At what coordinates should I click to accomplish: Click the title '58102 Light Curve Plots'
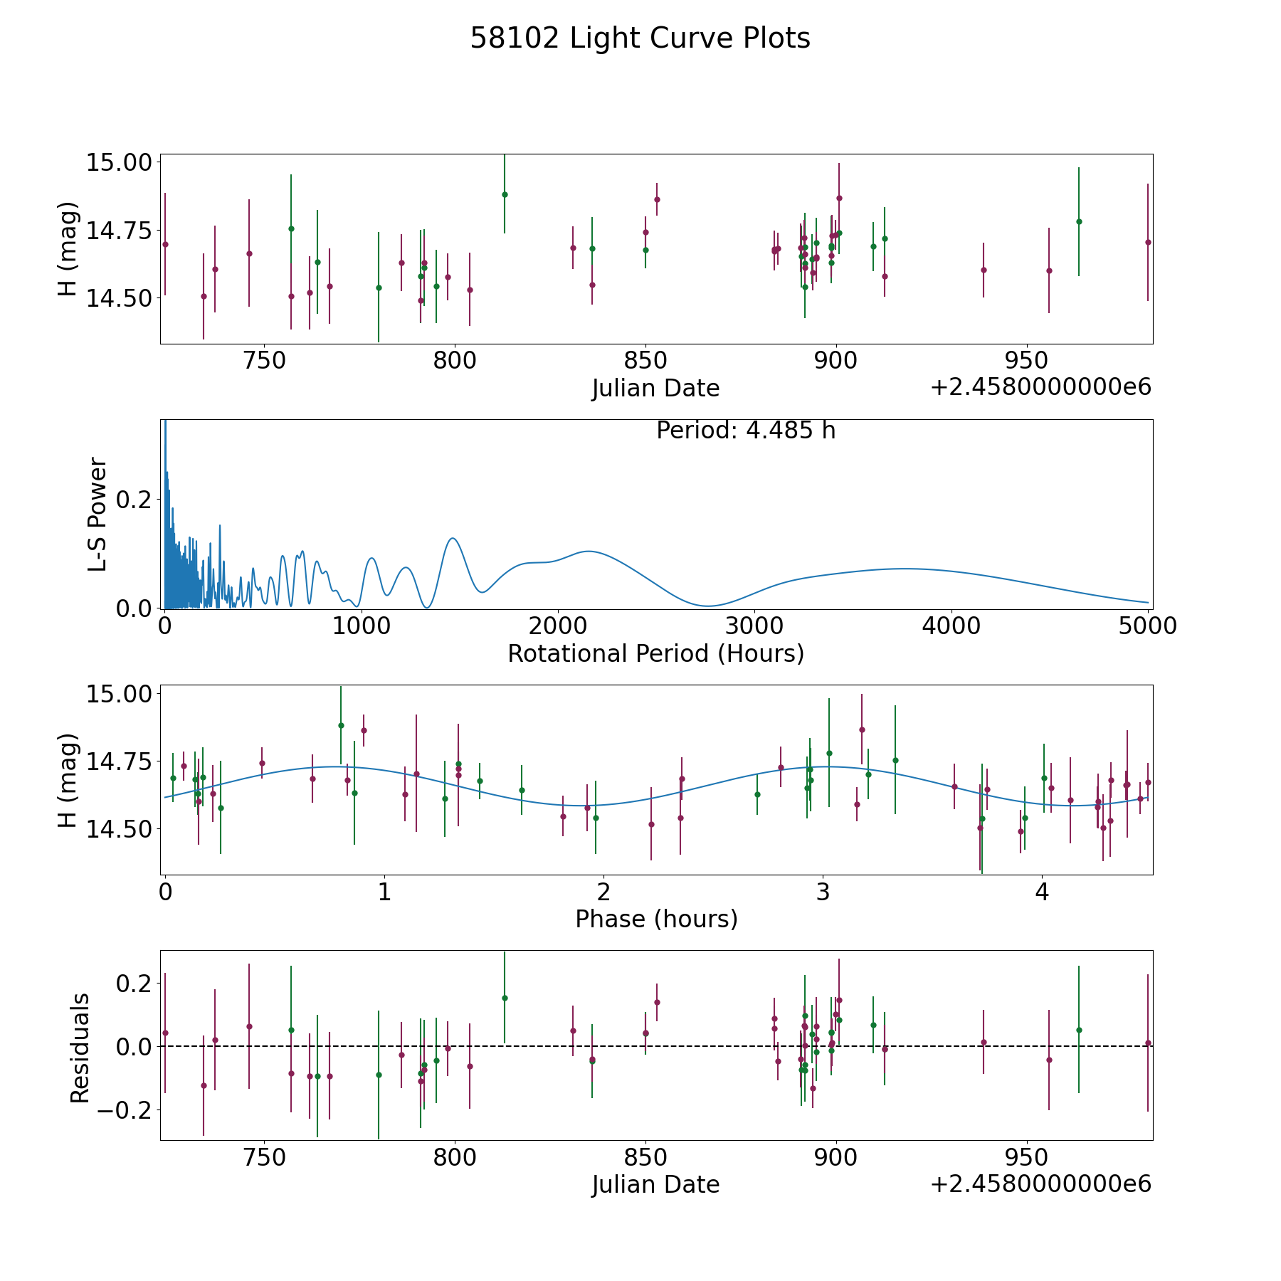pyautogui.click(x=640, y=38)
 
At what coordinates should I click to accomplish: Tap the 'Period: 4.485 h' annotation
pyautogui.click(x=746, y=431)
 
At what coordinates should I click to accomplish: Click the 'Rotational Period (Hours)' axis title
pyautogui.click(x=655, y=653)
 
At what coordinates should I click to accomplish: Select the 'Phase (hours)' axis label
pyautogui.click(x=656, y=919)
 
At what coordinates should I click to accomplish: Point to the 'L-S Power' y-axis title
pyautogui.click(x=97, y=514)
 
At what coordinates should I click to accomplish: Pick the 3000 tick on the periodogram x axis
pyautogui.click(x=754, y=626)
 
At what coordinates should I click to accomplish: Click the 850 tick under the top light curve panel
pyautogui.click(x=645, y=361)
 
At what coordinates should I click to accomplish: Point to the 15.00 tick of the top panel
pyautogui.click(x=119, y=162)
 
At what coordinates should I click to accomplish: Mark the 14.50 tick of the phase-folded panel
pyautogui.click(x=119, y=829)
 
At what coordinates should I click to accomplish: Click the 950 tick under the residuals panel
pyautogui.click(x=1026, y=1157)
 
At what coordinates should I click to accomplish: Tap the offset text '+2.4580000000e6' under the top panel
pyautogui.click(x=1040, y=387)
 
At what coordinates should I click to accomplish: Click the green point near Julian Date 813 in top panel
pyautogui.click(x=505, y=194)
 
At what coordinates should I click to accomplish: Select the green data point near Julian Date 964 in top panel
pyautogui.click(x=1079, y=221)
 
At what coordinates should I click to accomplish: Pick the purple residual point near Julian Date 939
pyautogui.click(x=984, y=1042)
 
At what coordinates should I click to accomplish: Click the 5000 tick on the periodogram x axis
pyautogui.click(x=1148, y=626)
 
